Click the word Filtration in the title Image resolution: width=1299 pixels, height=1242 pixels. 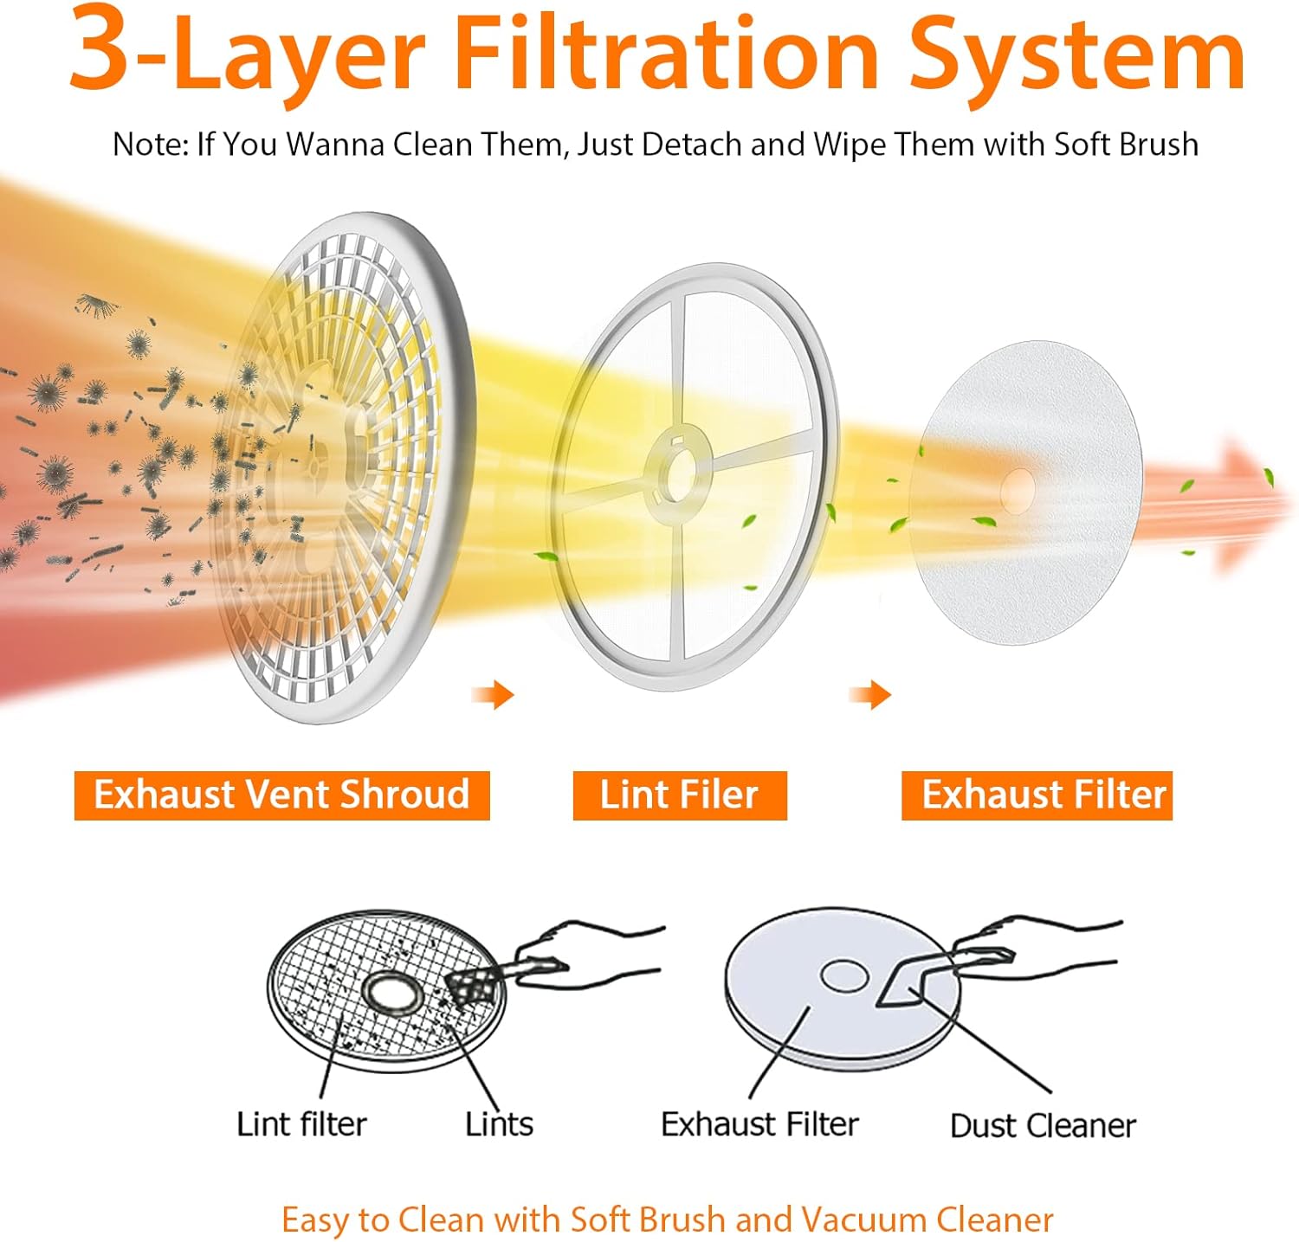tap(668, 50)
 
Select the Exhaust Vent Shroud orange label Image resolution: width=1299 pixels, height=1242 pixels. tap(281, 795)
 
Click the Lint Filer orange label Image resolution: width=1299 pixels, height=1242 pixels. tap(680, 795)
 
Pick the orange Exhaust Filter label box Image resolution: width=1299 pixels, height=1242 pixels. tap(1037, 795)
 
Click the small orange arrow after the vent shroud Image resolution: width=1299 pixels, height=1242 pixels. tap(493, 693)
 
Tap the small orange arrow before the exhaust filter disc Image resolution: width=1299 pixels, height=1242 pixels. tap(870, 693)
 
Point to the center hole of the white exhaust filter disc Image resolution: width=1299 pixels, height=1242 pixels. tap(1017, 491)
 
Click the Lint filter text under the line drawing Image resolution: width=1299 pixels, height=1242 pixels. tap(301, 1124)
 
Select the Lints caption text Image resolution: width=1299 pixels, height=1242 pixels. tap(499, 1124)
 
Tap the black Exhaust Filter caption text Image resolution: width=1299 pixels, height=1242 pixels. tap(759, 1124)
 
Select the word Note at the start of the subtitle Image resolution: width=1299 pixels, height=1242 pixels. tap(150, 144)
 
